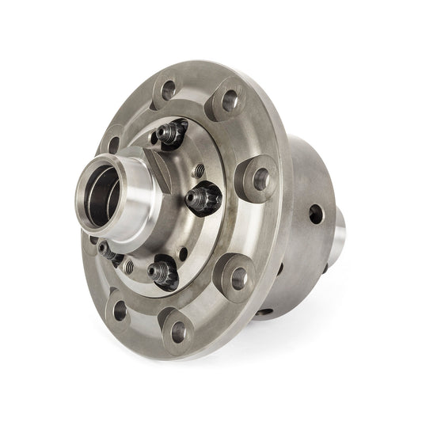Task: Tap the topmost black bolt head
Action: (173, 131)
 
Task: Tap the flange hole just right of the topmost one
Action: (227, 101)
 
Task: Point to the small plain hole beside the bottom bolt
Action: (184, 254)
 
